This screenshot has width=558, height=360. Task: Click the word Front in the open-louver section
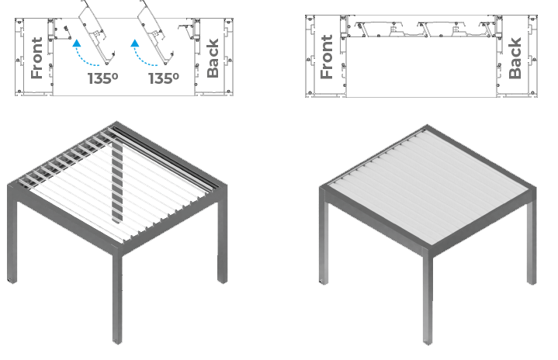pos(37,58)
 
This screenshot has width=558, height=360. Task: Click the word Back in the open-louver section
pos(213,58)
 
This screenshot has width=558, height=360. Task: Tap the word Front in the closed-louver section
pos(326,57)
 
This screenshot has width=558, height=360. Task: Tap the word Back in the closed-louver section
pos(515,58)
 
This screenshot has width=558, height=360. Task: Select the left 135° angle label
pos(103,78)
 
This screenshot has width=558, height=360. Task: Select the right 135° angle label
pos(164,78)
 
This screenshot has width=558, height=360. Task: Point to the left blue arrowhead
pos(77,43)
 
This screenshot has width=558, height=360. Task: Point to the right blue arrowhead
pos(135,43)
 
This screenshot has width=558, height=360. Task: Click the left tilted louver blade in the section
pos(95,34)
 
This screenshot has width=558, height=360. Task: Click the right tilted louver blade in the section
pos(154,34)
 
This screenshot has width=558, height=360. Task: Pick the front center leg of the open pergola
pos(117,297)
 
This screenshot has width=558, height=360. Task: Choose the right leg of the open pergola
pos(223,242)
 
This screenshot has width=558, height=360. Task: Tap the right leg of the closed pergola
pos(532,243)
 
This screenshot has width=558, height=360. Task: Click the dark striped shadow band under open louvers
pos(117,181)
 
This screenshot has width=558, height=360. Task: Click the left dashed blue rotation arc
pos(85,59)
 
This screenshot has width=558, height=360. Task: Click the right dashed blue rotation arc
pos(143,59)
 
